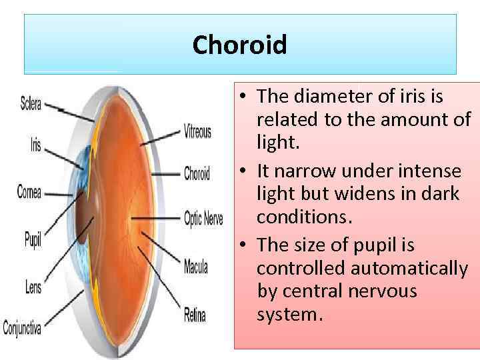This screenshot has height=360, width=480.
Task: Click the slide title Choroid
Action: tap(239, 45)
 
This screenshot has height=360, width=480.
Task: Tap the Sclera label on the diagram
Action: tap(31, 103)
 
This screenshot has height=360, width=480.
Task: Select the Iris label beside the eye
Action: tap(35, 145)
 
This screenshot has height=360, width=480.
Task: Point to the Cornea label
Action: tap(29, 193)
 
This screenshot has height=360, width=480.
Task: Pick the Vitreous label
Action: tap(197, 131)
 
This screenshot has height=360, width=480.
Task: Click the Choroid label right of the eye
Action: tap(197, 174)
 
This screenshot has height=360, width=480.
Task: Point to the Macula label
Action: tap(196, 267)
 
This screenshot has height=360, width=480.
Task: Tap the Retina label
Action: tap(195, 314)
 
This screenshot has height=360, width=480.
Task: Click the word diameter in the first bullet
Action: tap(320, 97)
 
